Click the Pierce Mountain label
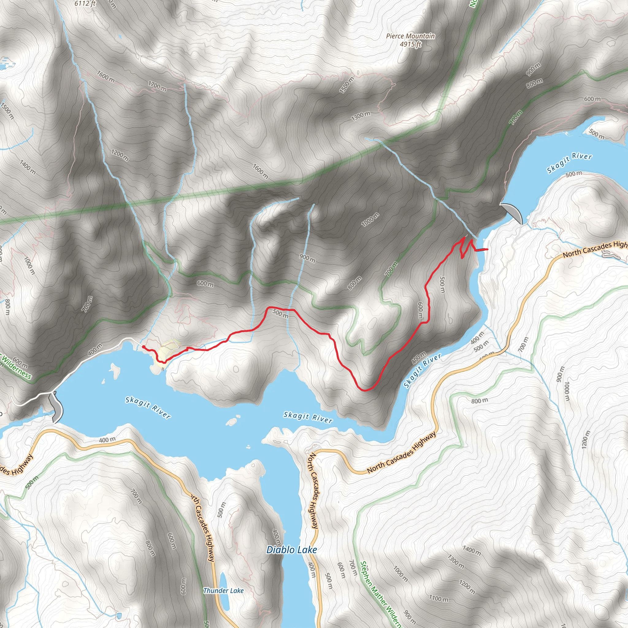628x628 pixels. [x=410, y=36]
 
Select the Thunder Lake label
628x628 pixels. [x=223, y=591]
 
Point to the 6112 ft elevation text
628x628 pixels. [x=85, y=4]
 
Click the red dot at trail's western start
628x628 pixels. [x=143, y=347]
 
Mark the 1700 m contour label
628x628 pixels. [x=157, y=86]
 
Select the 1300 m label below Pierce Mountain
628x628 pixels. [x=361, y=116]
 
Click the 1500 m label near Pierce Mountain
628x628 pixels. [x=347, y=86]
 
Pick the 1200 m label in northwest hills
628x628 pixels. [x=120, y=155]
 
